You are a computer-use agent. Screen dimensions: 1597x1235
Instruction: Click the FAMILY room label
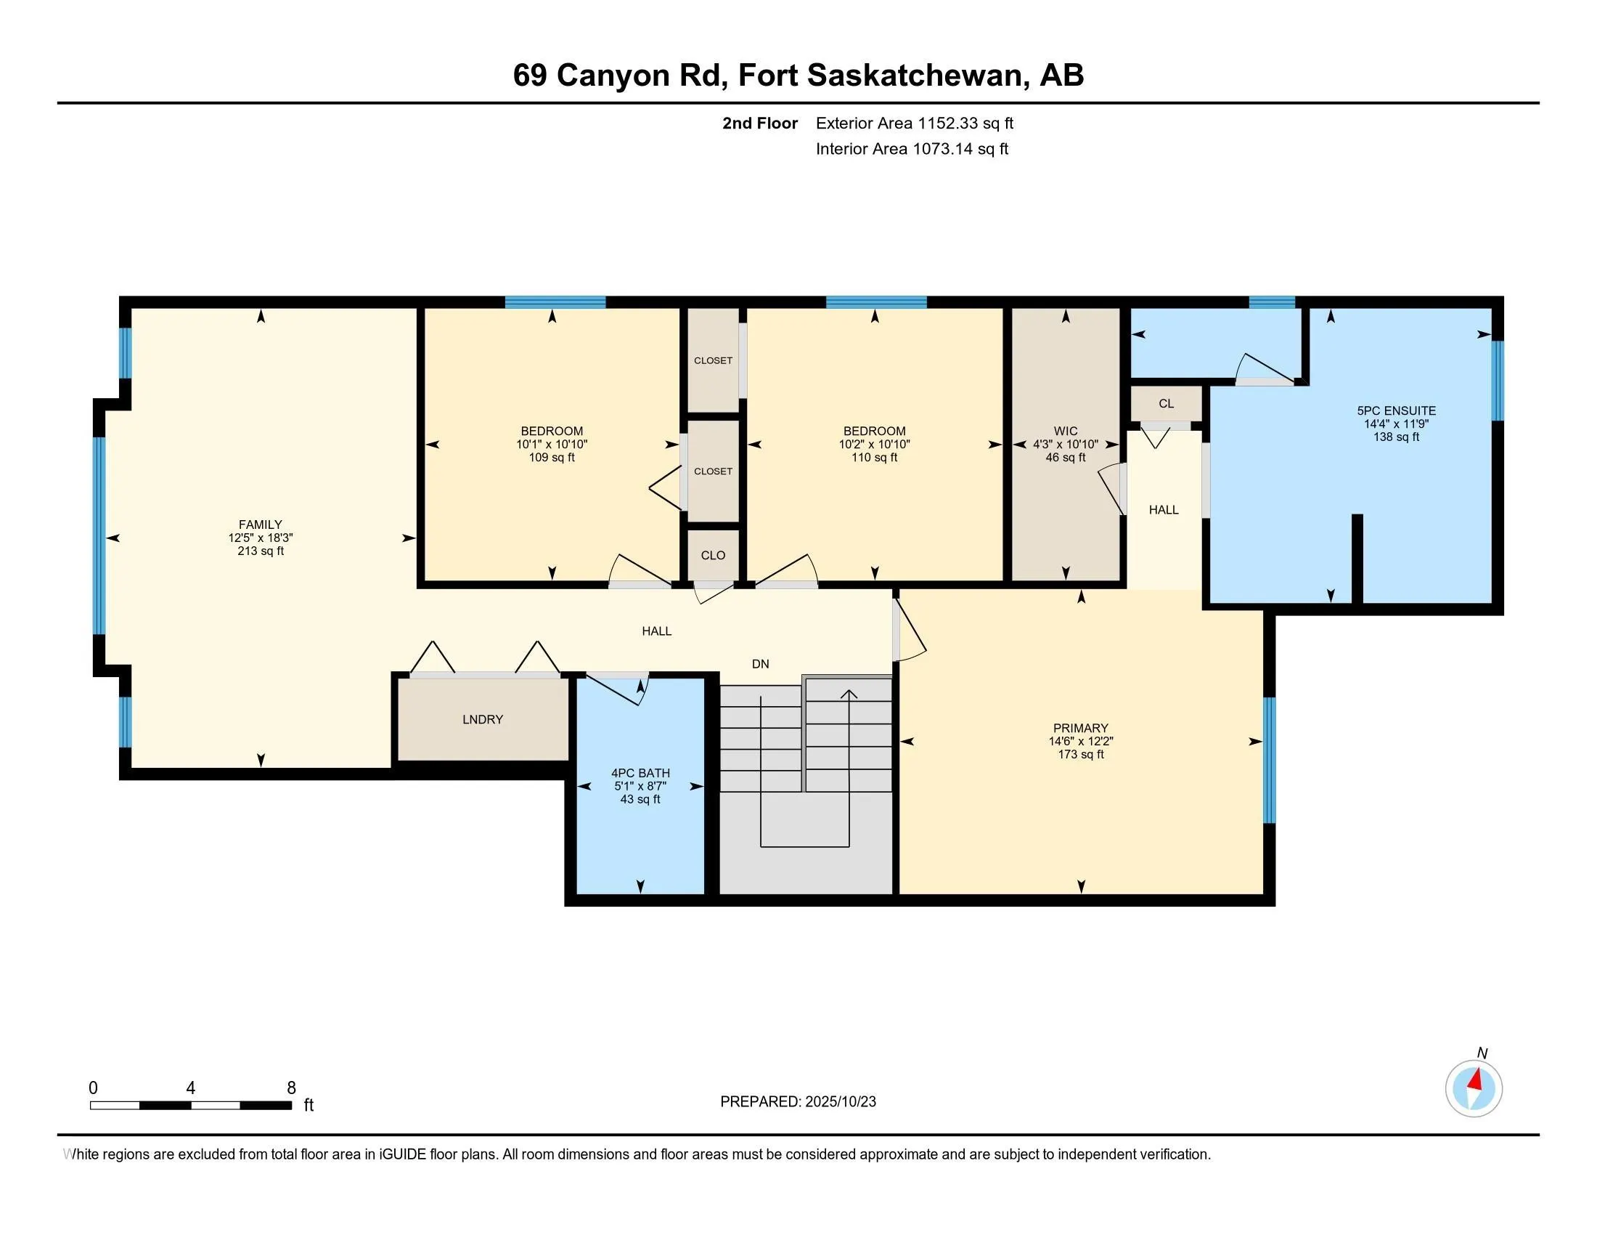click(x=261, y=525)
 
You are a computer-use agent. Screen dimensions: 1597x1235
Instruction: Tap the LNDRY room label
click(x=483, y=719)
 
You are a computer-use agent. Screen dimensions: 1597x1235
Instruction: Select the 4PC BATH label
click(x=640, y=773)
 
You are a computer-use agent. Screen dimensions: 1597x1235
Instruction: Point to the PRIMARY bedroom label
click(x=1081, y=728)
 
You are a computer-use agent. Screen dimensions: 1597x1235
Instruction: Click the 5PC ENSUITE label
click(x=1396, y=410)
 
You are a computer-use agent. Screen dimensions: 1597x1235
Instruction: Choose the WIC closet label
click(x=1066, y=431)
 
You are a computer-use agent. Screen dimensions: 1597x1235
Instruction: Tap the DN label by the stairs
click(x=761, y=663)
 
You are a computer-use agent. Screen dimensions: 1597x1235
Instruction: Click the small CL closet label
click(x=1167, y=403)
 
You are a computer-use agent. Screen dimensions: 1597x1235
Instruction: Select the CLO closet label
click(x=713, y=555)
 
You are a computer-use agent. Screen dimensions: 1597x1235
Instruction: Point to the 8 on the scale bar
click(x=291, y=1088)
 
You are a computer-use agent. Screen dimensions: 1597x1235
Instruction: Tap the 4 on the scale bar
click(x=191, y=1088)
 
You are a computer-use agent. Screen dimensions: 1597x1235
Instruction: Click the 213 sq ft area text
click(x=261, y=551)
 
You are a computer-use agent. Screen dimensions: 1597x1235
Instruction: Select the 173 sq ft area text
click(x=1081, y=754)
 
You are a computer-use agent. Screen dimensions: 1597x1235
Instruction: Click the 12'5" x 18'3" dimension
click(x=261, y=538)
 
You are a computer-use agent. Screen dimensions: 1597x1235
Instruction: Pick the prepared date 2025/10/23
click(x=840, y=1102)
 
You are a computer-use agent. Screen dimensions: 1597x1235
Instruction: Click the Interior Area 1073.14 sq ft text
click(x=912, y=149)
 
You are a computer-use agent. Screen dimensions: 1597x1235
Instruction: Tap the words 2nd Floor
click(x=760, y=123)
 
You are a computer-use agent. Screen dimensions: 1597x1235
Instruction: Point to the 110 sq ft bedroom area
click(x=875, y=457)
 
